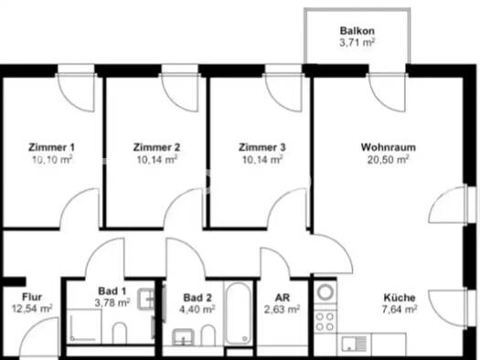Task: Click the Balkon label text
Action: pyautogui.click(x=357, y=29)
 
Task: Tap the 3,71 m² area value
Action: pyautogui.click(x=357, y=42)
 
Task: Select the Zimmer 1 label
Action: pyautogui.click(x=51, y=147)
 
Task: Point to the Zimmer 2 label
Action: pyautogui.click(x=156, y=147)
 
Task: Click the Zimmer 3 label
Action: pyautogui.click(x=262, y=147)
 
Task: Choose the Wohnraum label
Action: pyautogui.click(x=384, y=147)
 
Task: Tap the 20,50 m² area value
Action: pyautogui.click(x=384, y=159)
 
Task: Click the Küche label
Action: pyautogui.click(x=400, y=298)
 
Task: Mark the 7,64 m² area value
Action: pyautogui.click(x=400, y=310)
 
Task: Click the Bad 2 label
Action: pyautogui.click(x=198, y=298)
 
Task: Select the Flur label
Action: pyautogui.click(x=33, y=297)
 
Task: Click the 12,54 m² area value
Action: pyautogui.click(x=33, y=309)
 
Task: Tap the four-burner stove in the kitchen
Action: pyautogui.click(x=325, y=321)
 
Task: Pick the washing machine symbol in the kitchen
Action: pyautogui.click(x=325, y=293)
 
